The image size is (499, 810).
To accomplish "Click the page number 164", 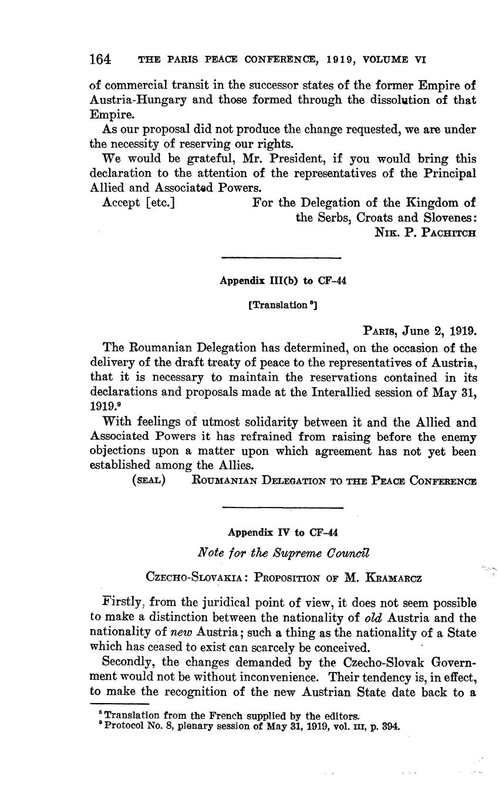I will [x=100, y=59].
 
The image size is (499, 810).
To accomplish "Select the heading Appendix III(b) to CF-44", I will [x=283, y=281].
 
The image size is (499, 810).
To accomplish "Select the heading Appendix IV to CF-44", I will [x=283, y=533].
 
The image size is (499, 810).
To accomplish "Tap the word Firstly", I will [x=122, y=603].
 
